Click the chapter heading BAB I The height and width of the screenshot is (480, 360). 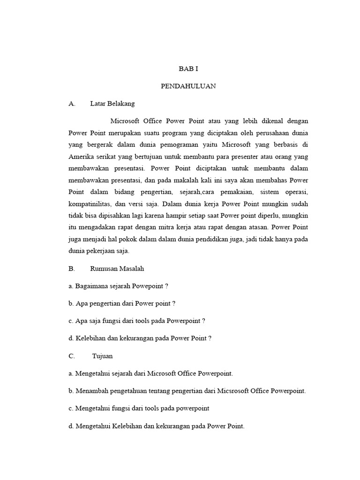189,68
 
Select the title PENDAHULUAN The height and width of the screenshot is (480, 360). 188,86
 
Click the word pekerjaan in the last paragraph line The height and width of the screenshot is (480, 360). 100,251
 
